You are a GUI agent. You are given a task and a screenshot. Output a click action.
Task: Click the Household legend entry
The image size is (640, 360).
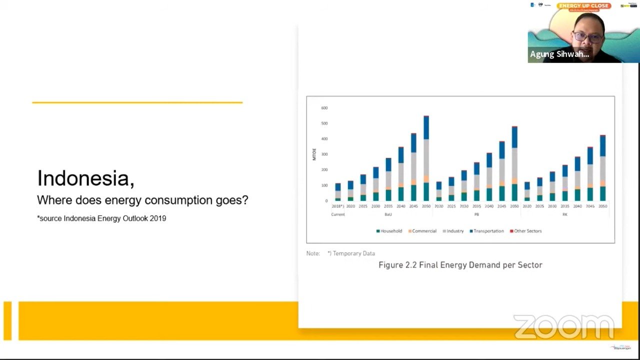pyautogui.click(x=389, y=231)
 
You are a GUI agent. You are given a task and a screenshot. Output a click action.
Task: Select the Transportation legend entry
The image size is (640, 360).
pyautogui.click(x=486, y=231)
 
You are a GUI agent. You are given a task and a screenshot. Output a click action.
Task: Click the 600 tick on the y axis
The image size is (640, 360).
pyautogui.click(x=324, y=108)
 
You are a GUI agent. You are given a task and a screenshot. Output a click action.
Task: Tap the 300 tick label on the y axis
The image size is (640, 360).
pyautogui.click(x=324, y=154)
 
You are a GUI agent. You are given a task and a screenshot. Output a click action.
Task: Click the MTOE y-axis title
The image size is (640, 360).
pyautogui.click(x=314, y=154)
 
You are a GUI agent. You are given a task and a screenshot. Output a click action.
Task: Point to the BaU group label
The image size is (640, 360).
pyautogui.click(x=388, y=214)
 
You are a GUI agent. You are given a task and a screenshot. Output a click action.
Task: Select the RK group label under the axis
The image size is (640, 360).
pyautogui.click(x=564, y=214)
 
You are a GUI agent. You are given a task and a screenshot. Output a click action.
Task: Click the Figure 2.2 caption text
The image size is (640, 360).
pyautogui.click(x=460, y=265)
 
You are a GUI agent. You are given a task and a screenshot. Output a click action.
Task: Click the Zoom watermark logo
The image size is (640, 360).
pyautogui.click(x=563, y=326)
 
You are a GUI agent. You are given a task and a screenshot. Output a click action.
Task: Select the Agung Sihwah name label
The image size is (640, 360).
pyautogui.click(x=559, y=54)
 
